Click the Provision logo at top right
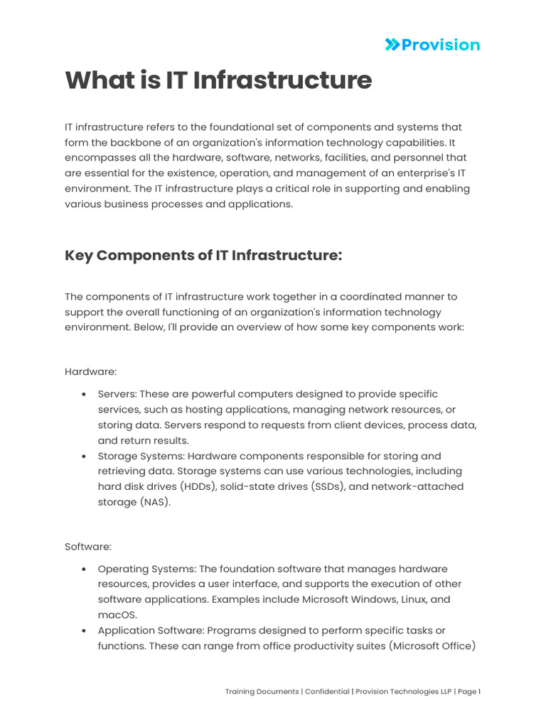[432, 45]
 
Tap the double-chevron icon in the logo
[392, 45]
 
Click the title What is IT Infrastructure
[218, 80]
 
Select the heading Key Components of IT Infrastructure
[203, 255]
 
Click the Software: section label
[88, 547]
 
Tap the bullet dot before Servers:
[85, 394]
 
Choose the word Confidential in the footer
[327, 692]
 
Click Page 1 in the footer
[468, 692]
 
